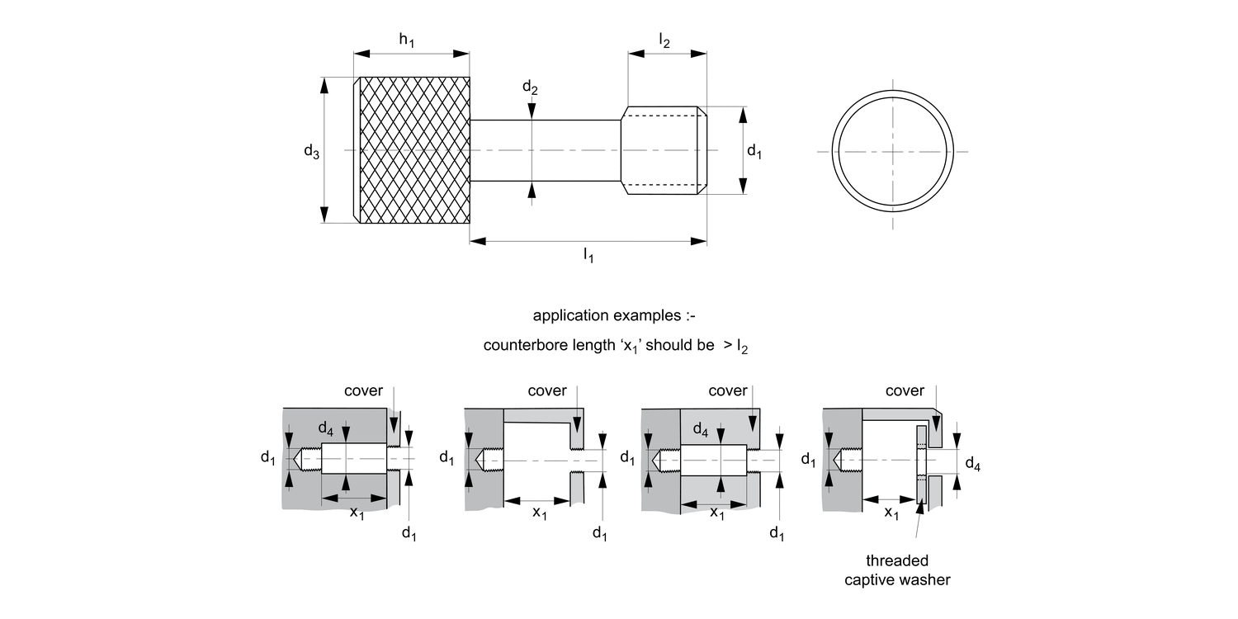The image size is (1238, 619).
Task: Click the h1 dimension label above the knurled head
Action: coord(407,40)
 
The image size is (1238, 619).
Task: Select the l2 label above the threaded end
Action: coord(664,40)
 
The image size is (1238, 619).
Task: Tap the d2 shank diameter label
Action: coord(530,87)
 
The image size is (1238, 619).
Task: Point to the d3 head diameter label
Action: coord(311,150)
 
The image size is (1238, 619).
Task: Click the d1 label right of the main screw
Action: coord(754,150)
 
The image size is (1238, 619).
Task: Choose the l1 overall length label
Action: coord(588,256)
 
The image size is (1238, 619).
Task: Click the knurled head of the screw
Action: coord(413,150)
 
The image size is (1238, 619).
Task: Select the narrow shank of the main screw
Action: coord(545,150)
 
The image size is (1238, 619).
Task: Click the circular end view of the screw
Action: coord(892,151)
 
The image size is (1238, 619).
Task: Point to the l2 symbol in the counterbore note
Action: coord(742,347)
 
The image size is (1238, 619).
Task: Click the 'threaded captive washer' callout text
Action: coord(897,570)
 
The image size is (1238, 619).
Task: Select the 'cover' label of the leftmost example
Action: coord(363,390)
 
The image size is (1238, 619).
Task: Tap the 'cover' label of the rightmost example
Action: coord(905,390)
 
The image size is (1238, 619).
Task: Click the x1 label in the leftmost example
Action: coord(357,513)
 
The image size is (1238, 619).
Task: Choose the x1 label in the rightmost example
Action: coord(891,513)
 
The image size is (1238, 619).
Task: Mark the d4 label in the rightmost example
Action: coord(973,465)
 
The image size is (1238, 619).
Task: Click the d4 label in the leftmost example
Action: coord(327,428)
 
